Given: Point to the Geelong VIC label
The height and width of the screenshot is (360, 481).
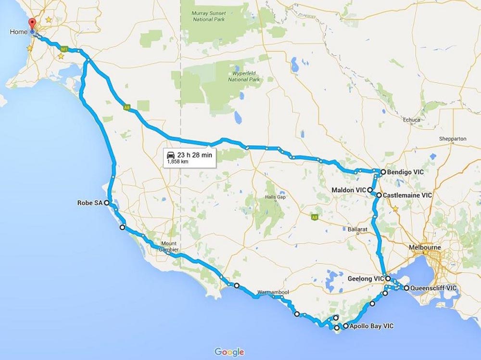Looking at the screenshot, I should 366,279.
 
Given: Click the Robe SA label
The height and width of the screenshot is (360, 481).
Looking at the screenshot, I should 89,203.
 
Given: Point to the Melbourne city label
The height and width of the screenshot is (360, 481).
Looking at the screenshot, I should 424,247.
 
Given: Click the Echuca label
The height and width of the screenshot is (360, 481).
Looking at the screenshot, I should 411,120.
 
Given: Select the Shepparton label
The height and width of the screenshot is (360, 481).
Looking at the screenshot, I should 453,139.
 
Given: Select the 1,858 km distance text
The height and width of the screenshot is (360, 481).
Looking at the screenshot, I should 176,162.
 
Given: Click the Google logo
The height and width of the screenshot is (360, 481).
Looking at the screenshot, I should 229,352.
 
